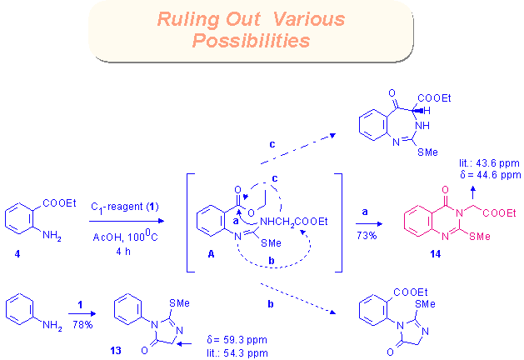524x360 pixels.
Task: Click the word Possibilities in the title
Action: (x=249, y=39)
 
